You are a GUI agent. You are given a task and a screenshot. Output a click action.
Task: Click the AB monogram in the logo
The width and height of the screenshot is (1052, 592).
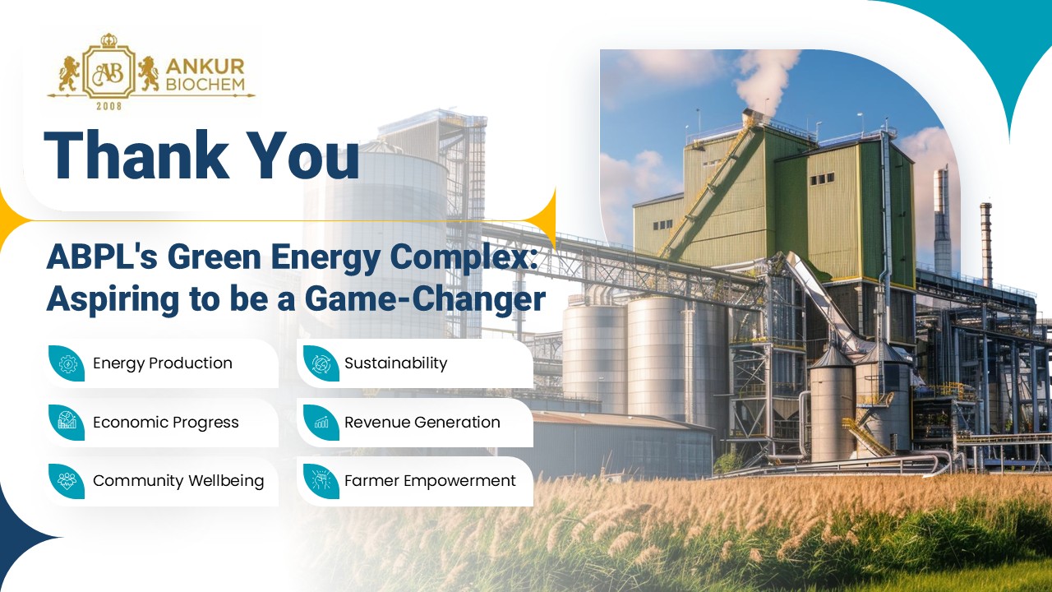coord(108,73)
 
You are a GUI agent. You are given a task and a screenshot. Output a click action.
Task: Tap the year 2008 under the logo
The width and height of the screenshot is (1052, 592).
coord(109,106)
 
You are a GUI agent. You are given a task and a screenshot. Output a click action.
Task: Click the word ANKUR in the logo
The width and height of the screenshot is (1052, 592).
coord(205,67)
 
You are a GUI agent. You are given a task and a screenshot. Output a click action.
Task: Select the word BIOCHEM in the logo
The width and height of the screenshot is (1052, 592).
coord(205,84)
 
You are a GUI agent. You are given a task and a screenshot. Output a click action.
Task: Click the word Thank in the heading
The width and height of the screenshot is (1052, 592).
coord(136,155)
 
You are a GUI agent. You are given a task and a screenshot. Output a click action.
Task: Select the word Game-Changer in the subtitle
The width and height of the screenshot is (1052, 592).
coord(425,298)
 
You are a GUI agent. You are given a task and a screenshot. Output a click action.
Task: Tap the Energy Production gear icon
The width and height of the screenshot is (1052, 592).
coord(67,363)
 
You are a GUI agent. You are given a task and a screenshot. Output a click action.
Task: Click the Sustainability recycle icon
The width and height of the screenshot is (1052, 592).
coord(321,363)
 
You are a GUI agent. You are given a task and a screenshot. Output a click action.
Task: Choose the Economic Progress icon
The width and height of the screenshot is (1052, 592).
coord(67,422)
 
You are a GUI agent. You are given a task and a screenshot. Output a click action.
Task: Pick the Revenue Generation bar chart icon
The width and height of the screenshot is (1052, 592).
coord(321,423)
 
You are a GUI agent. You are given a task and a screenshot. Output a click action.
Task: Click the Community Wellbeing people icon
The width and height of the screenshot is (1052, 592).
coord(67,480)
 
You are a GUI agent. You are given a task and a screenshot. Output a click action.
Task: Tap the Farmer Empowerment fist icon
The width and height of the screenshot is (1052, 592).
coord(321,481)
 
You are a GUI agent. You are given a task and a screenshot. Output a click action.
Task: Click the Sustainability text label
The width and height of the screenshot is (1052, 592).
coord(395,363)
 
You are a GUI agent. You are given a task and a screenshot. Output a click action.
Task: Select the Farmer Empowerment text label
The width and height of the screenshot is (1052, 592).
coord(430,481)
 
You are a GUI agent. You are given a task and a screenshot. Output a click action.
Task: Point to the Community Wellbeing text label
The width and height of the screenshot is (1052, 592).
coord(178,481)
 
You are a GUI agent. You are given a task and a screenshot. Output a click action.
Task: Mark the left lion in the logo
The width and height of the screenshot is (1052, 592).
coord(70,73)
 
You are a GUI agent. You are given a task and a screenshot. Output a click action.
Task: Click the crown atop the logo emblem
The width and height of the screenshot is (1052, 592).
coord(109,40)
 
